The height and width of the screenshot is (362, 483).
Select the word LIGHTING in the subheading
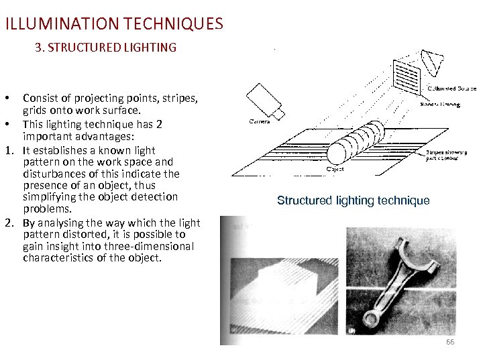tap(151, 48)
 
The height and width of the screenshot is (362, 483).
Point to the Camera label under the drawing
tap(260, 122)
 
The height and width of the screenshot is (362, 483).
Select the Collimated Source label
tap(451, 88)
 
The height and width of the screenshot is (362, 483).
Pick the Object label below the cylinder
tap(335, 170)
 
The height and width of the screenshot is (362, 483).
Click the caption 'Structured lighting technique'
tap(353, 200)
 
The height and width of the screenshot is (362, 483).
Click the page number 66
tap(450, 343)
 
